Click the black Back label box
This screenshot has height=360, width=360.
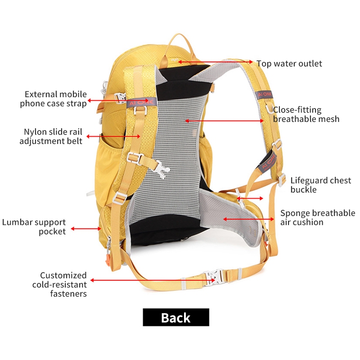pos(176,317)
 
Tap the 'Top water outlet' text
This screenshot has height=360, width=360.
pos(289,63)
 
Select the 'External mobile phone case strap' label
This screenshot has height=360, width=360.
pos(53,99)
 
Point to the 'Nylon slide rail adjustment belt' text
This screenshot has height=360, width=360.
pos(51,136)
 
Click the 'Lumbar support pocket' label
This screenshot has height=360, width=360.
pos(34,227)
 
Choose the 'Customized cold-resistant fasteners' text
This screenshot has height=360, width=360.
pos(59,284)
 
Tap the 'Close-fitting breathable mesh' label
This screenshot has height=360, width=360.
pos(306,114)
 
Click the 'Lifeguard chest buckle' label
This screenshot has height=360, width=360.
pos(321,185)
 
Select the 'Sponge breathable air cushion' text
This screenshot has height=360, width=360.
pos(318,217)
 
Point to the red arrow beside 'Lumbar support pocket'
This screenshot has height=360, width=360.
pos(86,229)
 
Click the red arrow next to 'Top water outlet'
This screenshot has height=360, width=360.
pos(215,62)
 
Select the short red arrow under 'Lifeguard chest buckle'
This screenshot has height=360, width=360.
pos(250,198)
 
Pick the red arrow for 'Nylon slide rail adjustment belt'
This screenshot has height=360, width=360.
pos(113,136)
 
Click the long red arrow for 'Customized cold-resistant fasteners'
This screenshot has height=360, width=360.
pos(153,280)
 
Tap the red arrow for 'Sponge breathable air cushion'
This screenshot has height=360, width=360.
pos(249,219)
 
